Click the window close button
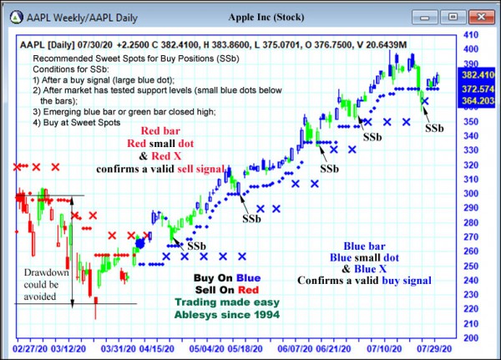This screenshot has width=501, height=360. click(x=478, y=16)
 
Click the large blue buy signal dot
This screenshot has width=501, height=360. click(x=140, y=243)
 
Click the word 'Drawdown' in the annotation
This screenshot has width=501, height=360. click(x=41, y=273)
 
